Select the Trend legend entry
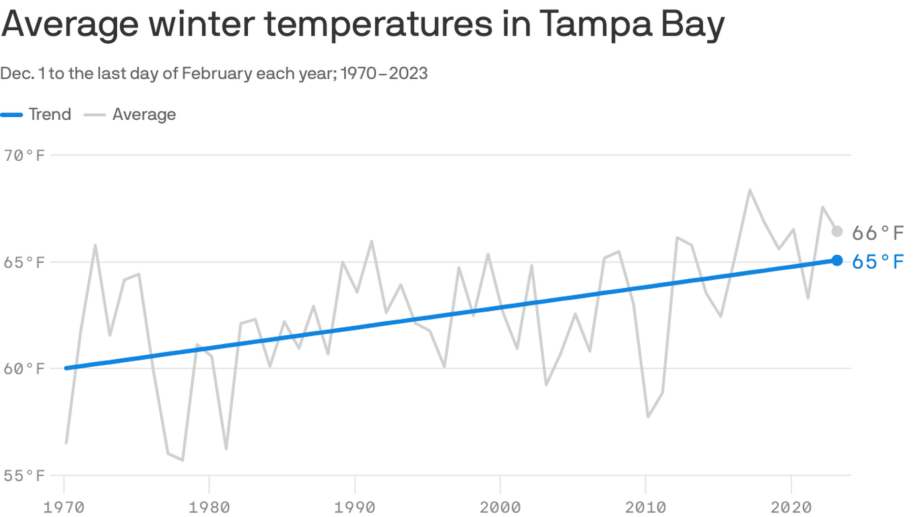point(49,114)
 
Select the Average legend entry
point(143,114)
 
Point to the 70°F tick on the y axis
point(24,156)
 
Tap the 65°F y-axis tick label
point(24,262)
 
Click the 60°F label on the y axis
point(24,369)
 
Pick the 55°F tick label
point(24,476)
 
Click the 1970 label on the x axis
point(65,506)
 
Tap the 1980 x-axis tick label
point(209,506)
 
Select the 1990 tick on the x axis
point(355,506)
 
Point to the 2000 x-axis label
point(500,506)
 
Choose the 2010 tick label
point(645,506)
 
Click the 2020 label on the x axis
point(791,506)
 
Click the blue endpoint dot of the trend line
point(837,261)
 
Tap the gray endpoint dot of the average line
point(837,232)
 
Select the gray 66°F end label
point(878,233)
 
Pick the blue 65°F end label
point(878,262)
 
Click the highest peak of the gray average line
point(750,191)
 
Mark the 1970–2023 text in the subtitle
point(384,73)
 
